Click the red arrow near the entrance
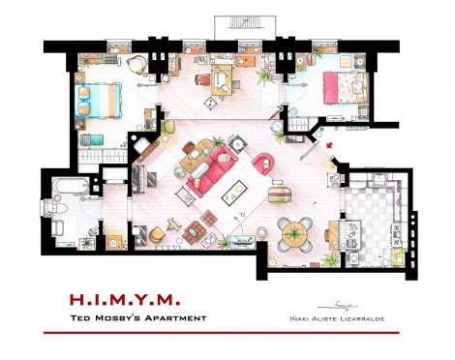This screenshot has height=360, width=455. pyautogui.click(x=331, y=146)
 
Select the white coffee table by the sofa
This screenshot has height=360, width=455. pyautogui.click(x=233, y=195)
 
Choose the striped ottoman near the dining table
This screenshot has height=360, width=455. pyautogui.click(x=279, y=194)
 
